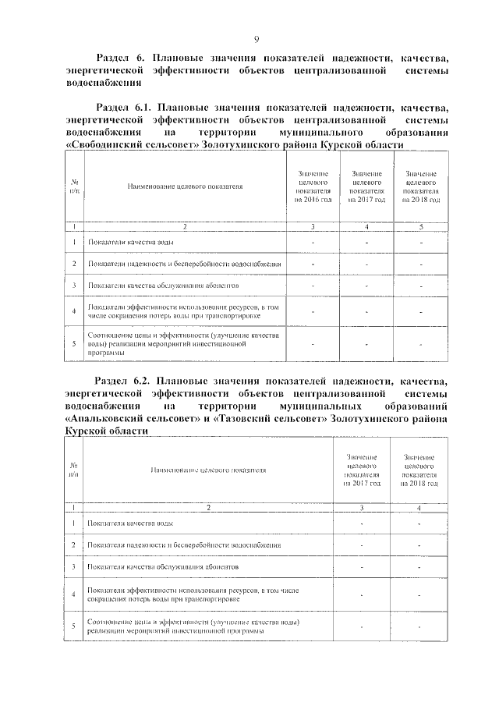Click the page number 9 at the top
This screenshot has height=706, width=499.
point(256,40)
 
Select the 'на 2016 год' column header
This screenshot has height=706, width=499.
point(313,200)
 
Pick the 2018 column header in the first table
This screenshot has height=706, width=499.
point(421,200)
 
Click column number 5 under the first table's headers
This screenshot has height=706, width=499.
point(421,227)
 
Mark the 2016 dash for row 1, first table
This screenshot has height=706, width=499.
point(313,243)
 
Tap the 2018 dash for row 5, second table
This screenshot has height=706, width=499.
point(419,626)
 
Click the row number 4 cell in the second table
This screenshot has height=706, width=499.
point(73,594)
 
